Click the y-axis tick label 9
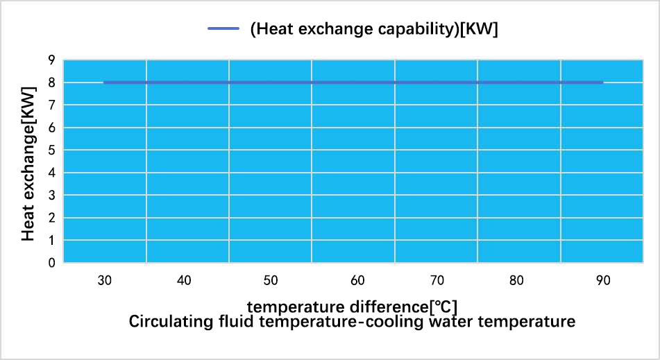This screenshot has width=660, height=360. (51, 60)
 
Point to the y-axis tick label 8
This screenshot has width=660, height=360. (51, 83)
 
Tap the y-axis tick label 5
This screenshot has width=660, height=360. (51, 151)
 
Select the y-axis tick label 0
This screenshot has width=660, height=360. (51, 263)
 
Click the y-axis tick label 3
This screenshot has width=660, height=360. (51, 196)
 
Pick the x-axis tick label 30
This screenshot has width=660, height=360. (104, 280)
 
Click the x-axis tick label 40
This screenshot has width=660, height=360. (184, 280)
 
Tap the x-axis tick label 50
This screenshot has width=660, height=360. (271, 280)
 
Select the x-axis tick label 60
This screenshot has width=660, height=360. (357, 280)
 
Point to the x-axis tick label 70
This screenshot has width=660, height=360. (437, 280)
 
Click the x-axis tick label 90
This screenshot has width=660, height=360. (603, 280)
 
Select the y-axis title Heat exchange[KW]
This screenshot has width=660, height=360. (28, 164)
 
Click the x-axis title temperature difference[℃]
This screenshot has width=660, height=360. (353, 306)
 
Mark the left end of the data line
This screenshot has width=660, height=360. (104, 83)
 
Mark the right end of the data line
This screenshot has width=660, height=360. (602, 83)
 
